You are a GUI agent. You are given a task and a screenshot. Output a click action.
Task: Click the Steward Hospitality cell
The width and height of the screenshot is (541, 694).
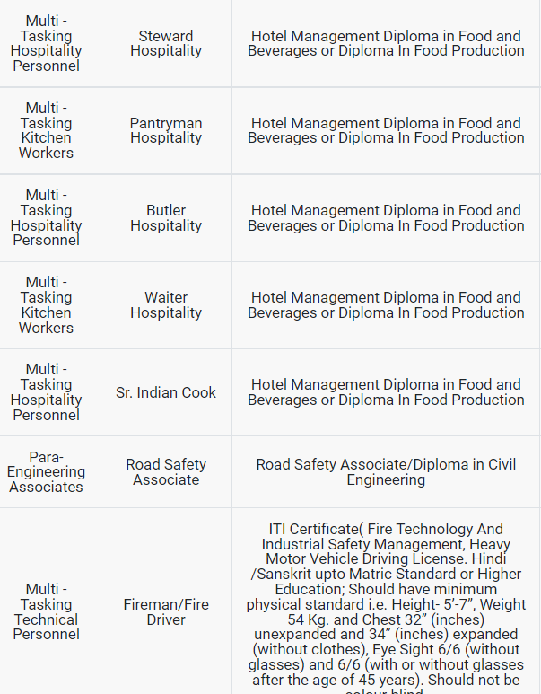click(x=166, y=44)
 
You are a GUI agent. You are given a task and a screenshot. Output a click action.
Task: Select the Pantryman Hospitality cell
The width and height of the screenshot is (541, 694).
click(x=166, y=131)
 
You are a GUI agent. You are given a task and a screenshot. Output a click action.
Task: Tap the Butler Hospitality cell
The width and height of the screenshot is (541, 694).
click(x=166, y=218)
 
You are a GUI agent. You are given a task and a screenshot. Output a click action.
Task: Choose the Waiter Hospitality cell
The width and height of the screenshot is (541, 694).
click(x=166, y=305)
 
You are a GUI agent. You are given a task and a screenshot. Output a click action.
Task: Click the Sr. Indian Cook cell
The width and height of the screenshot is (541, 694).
click(x=166, y=392)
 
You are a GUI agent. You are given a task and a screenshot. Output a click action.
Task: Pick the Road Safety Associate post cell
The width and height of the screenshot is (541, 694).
click(x=166, y=472)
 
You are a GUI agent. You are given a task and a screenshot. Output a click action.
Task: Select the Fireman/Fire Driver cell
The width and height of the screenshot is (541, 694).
click(x=166, y=612)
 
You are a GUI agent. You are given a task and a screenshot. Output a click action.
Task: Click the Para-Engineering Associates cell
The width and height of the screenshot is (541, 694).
click(x=46, y=472)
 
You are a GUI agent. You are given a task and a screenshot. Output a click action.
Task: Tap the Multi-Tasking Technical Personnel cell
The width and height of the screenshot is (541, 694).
click(x=46, y=612)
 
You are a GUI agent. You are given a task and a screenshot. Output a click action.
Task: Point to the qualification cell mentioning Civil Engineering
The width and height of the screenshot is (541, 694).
click(x=386, y=472)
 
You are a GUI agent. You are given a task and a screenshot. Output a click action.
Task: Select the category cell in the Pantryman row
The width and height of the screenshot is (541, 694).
click(x=46, y=131)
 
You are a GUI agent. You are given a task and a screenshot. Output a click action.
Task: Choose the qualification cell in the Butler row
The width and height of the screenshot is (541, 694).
click(x=386, y=218)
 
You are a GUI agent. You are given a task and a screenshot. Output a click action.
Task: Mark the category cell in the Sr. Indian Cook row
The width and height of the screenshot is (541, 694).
click(x=46, y=392)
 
